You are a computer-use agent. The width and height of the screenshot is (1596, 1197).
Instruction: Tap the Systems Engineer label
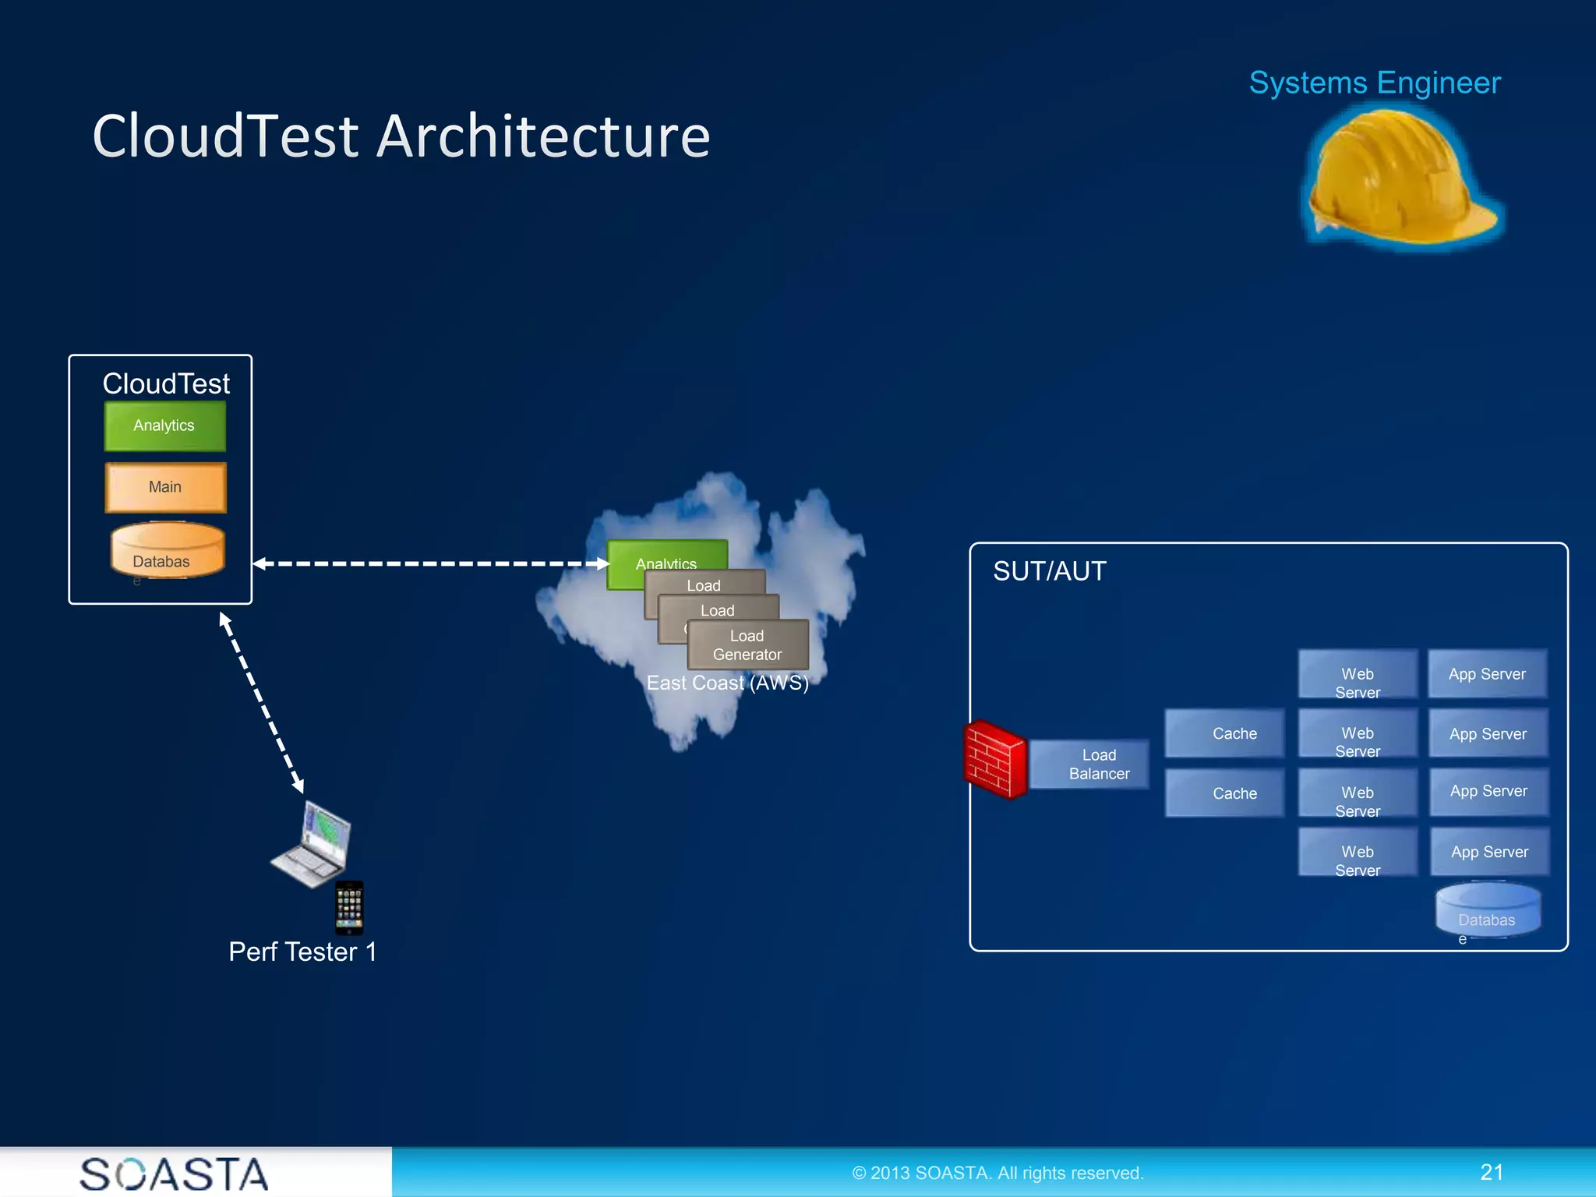click(x=1375, y=83)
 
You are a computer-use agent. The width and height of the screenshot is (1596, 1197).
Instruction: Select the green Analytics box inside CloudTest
click(x=164, y=425)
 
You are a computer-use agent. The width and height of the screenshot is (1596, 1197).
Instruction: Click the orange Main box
click(x=165, y=487)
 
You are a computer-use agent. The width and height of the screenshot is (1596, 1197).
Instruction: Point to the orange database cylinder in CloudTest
click(x=167, y=551)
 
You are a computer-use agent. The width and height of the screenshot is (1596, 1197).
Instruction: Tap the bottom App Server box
click(x=1489, y=852)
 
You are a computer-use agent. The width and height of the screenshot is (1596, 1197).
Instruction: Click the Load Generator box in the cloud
click(x=747, y=645)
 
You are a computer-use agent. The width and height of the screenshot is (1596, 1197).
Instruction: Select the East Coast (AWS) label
click(x=728, y=683)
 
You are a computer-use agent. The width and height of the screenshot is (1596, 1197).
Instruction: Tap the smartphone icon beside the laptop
click(x=349, y=908)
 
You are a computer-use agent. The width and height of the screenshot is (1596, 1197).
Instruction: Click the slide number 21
click(x=1492, y=1172)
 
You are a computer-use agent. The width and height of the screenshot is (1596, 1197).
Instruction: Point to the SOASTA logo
click(x=174, y=1174)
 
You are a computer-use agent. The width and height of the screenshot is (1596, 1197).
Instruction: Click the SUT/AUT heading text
click(x=1049, y=571)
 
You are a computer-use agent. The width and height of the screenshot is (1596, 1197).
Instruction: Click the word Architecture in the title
click(x=543, y=136)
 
